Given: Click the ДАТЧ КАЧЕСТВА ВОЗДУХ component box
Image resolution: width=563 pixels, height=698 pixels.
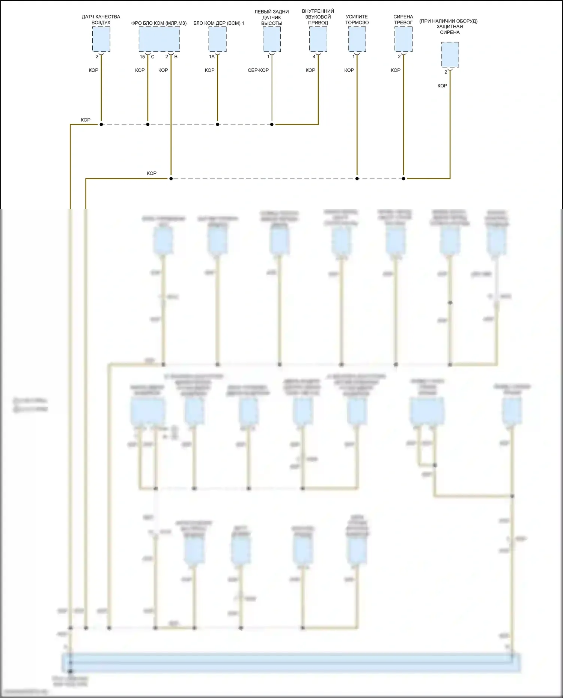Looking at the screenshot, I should [101, 39].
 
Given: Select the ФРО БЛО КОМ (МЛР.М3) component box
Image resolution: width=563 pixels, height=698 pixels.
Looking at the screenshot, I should [159, 39].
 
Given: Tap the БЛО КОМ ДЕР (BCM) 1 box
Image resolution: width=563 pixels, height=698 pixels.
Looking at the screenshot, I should [217, 39].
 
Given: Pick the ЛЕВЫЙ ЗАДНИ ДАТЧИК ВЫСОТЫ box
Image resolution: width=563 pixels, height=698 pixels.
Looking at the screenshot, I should [272, 39].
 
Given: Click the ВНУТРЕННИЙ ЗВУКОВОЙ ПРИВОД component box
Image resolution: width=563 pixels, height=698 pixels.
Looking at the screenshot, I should [318, 39].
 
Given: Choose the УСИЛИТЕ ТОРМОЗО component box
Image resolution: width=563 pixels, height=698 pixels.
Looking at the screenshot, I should [357, 39].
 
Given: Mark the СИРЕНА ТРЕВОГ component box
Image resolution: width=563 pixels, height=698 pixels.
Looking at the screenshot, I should [403, 39].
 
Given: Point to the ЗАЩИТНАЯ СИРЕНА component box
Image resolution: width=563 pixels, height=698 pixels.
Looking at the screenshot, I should [450, 55].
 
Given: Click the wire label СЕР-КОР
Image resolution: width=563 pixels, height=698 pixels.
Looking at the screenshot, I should [258, 70].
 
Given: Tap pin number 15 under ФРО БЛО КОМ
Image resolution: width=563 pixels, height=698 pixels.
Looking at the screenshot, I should [142, 57].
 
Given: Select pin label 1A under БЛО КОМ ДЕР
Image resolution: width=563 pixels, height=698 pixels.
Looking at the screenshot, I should [212, 57].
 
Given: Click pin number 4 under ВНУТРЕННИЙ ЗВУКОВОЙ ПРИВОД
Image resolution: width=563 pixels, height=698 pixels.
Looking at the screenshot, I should [314, 57].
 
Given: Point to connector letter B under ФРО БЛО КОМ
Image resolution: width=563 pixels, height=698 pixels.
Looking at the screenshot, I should [176, 57].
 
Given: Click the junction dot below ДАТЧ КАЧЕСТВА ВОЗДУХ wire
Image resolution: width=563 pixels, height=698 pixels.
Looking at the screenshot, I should [101, 124].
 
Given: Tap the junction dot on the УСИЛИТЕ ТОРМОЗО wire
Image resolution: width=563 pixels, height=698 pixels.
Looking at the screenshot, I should [357, 179].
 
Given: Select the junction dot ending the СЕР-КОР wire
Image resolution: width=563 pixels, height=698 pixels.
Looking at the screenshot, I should [272, 124].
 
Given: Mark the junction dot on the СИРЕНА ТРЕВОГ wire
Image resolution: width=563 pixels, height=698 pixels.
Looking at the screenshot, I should [403, 179].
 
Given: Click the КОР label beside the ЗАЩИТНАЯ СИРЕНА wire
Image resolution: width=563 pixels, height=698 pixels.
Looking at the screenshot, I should [442, 86].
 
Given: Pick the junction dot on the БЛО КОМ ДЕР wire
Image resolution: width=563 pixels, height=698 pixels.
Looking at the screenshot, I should [217, 124].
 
